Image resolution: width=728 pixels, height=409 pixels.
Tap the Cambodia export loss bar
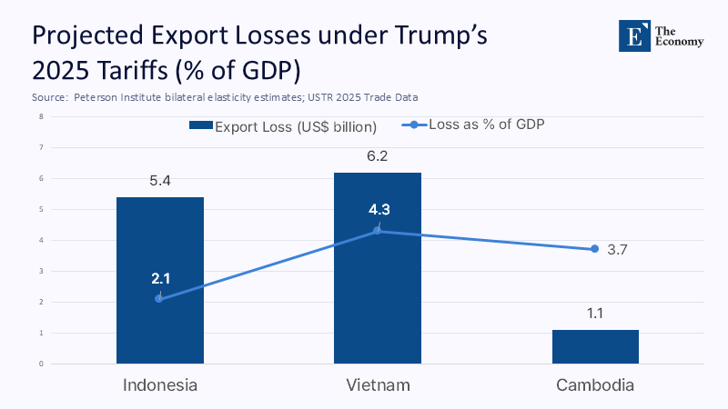tap(595, 346)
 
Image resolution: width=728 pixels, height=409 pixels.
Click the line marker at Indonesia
tap(159, 299)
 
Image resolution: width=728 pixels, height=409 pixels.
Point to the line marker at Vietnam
tap(378, 231)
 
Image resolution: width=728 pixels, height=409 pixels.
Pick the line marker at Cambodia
tap(594, 249)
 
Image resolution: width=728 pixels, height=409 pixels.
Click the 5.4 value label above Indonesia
tap(160, 181)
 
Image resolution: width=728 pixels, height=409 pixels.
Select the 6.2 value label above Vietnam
tap(378, 156)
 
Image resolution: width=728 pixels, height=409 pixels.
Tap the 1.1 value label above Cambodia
tap(595, 314)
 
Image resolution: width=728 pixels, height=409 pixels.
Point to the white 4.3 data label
tap(379, 210)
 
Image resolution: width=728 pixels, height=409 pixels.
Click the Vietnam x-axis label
tap(378, 385)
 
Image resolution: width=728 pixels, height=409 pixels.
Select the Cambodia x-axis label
tap(595, 385)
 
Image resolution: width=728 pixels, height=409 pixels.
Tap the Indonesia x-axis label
tap(160, 385)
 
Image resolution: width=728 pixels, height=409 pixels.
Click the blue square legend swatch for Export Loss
tap(200, 126)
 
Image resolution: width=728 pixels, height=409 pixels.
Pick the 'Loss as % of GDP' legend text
tap(486, 125)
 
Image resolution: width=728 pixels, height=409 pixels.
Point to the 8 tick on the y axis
tap(41, 116)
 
